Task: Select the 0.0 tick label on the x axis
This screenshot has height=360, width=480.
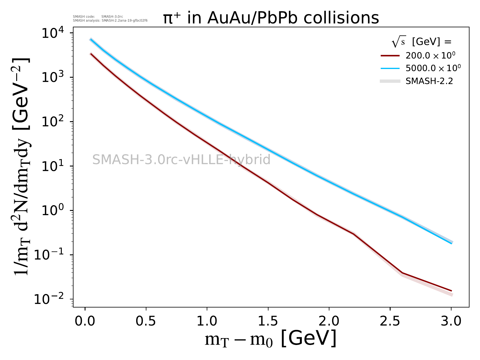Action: (x=85, y=321)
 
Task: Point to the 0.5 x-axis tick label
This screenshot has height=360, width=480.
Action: (x=146, y=321)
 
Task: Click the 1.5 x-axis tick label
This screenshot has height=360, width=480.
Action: (x=268, y=321)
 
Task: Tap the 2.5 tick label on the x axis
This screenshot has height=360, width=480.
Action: (x=390, y=321)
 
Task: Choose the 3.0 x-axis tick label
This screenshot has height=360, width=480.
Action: (x=451, y=321)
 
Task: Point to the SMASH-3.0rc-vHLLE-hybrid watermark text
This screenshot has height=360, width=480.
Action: (x=181, y=160)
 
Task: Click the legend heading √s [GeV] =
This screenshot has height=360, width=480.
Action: (x=421, y=42)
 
